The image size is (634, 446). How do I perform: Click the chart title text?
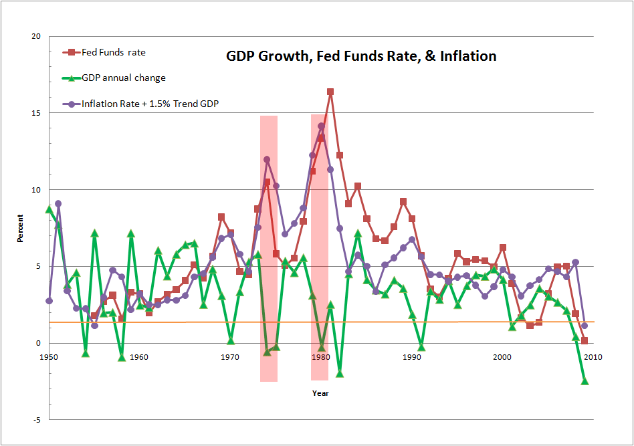click(361, 56)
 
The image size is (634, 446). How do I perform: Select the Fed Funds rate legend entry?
click(113, 52)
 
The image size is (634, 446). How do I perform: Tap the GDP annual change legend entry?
click(123, 78)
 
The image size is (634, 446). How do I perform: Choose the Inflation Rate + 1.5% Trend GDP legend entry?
click(150, 104)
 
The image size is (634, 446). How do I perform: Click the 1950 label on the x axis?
click(48, 357)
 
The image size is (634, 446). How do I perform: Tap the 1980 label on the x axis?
click(321, 357)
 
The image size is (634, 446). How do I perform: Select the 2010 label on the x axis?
click(593, 357)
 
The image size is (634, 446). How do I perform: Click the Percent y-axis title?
click(20, 228)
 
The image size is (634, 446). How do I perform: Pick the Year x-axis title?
click(320, 393)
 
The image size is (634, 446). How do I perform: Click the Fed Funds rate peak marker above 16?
click(330, 92)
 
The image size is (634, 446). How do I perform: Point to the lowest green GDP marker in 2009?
click(585, 381)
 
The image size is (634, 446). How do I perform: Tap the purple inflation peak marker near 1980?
click(321, 126)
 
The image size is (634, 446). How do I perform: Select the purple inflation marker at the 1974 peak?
click(267, 160)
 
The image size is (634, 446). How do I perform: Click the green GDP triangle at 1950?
click(49, 209)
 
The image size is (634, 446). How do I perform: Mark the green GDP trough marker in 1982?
click(340, 373)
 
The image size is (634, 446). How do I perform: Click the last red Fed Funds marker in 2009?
click(585, 340)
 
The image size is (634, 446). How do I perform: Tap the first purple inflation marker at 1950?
click(49, 301)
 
